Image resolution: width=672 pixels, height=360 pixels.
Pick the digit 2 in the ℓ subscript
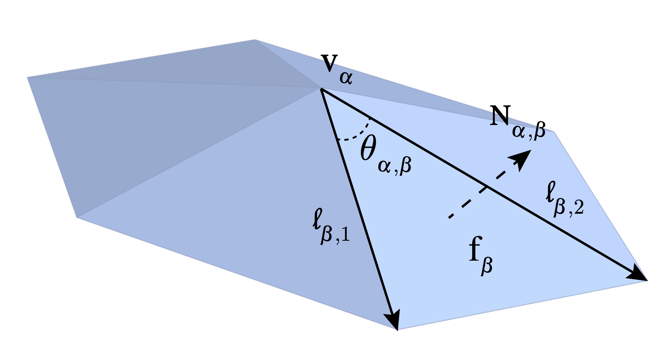(x=578, y=207)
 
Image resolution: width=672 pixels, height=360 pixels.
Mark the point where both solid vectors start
(x=321, y=89)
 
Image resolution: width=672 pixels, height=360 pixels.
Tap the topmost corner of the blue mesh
(x=255, y=40)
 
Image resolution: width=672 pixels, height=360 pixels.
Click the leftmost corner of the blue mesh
(x=28, y=77)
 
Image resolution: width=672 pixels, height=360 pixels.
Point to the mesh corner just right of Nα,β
(x=554, y=132)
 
